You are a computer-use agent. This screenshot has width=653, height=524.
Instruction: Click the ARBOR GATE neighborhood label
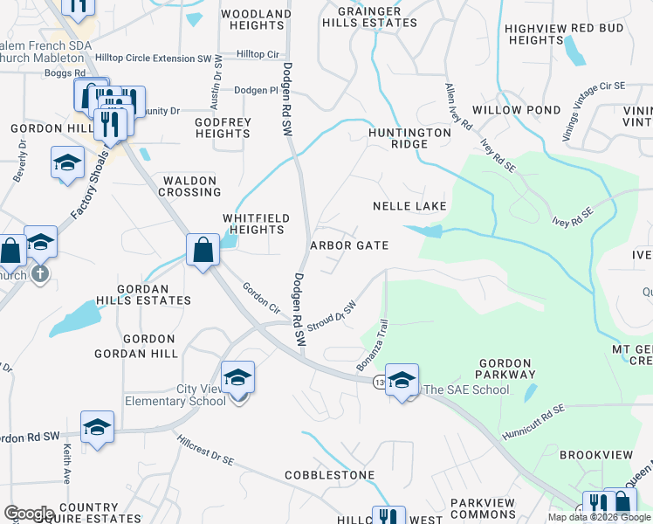point(349,245)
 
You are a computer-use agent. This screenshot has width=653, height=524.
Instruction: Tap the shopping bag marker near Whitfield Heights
point(203,251)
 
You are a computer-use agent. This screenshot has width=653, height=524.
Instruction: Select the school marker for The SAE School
point(402,379)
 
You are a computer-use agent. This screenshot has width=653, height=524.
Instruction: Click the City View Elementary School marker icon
point(237,377)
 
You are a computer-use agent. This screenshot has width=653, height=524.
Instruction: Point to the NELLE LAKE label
point(409,206)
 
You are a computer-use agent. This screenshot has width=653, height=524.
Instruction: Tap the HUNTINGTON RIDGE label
point(409,138)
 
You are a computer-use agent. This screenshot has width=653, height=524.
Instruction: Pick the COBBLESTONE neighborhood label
point(329,475)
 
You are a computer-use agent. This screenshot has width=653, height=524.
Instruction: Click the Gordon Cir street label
point(261,298)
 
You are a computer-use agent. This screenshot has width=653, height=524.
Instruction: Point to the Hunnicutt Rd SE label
point(534,422)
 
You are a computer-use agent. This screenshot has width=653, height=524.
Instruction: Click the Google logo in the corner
point(29,514)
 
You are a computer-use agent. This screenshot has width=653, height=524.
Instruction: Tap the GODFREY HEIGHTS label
point(223,128)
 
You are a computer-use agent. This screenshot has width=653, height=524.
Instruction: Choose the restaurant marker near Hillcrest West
point(388,515)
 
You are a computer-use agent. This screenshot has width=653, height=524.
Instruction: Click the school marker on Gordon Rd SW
point(98,426)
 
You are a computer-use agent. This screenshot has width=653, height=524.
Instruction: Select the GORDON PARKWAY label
point(505,369)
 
